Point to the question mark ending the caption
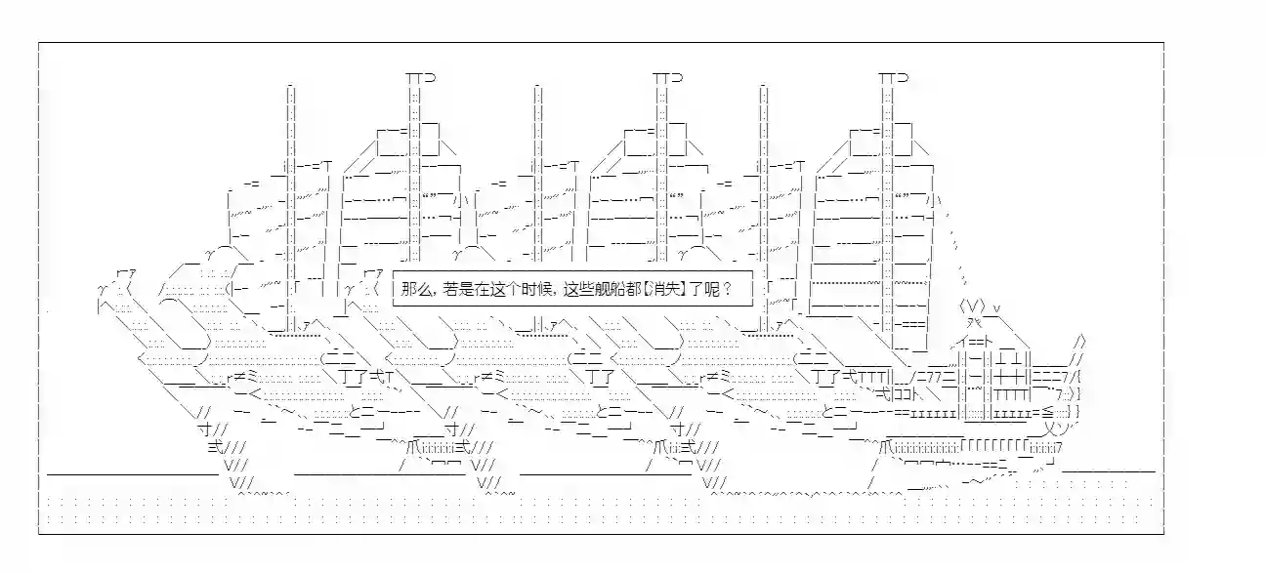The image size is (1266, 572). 727,290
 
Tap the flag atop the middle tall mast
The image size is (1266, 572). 667,77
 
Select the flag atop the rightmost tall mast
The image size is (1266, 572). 894,77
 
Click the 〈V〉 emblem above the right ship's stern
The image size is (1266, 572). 972,307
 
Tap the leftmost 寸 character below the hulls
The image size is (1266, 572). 205,429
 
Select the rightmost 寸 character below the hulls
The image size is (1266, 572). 677,429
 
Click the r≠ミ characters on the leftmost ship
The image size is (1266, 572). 242,377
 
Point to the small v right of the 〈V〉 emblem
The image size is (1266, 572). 997,308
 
